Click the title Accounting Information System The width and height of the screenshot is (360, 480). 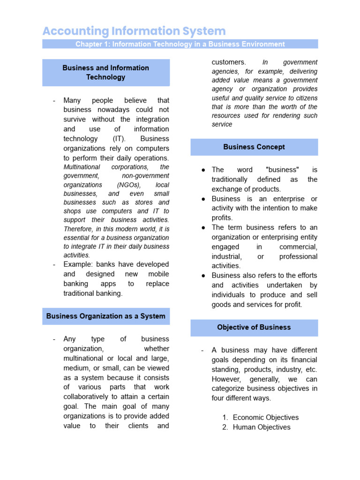point(134,31)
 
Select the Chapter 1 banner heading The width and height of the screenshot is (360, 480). point(180,44)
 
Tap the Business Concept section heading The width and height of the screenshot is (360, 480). point(254,147)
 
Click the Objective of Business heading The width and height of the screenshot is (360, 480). point(254,327)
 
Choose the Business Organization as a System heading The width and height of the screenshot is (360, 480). point(106,316)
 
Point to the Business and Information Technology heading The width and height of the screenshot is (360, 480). point(106,72)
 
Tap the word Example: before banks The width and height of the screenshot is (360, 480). point(78,264)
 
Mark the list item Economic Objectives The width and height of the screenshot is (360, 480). point(265,417)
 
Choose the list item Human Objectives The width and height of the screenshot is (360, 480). point(262,427)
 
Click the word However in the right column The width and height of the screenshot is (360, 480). point(226,379)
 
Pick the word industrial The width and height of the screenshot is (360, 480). point(226,256)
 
